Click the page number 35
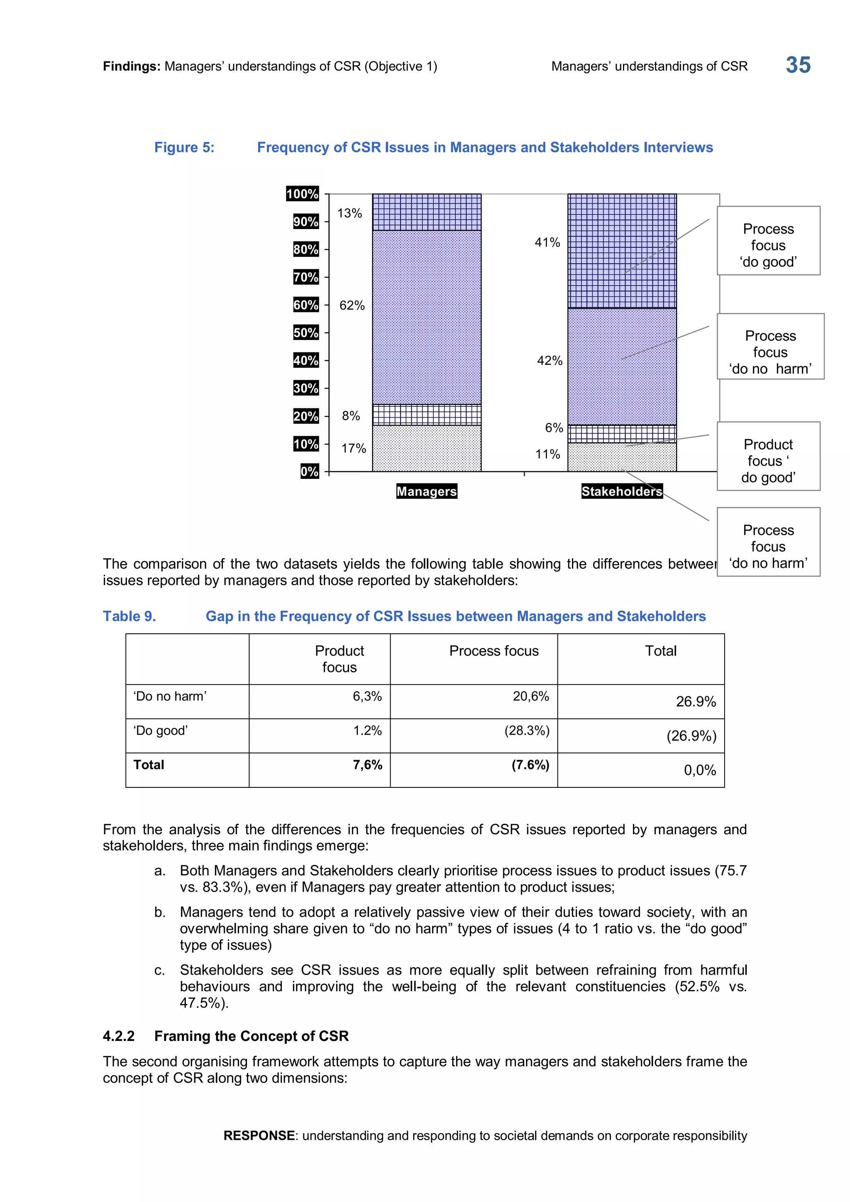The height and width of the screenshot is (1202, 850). point(798,66)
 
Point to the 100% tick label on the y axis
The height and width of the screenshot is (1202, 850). point(302,194)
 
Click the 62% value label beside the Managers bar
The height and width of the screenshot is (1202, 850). point(352,305)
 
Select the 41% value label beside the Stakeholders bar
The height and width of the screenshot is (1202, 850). point(547,242)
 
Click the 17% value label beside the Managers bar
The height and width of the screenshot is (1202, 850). point(353,448)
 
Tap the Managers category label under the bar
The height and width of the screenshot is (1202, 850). point(427,491)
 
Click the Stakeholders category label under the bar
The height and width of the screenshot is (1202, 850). point(621,491)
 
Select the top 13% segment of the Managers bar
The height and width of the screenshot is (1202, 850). point(427,212)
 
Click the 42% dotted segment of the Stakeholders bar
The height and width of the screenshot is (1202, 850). point(622,366)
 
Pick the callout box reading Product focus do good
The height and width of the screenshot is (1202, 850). point(768,456)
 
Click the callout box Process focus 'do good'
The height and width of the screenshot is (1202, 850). point(768,241)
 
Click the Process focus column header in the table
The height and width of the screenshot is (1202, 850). point(493,651)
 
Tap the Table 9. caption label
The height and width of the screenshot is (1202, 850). point(129,616)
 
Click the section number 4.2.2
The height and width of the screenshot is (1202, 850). point(118,1036)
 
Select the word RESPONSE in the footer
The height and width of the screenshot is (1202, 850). point(259,1136)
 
